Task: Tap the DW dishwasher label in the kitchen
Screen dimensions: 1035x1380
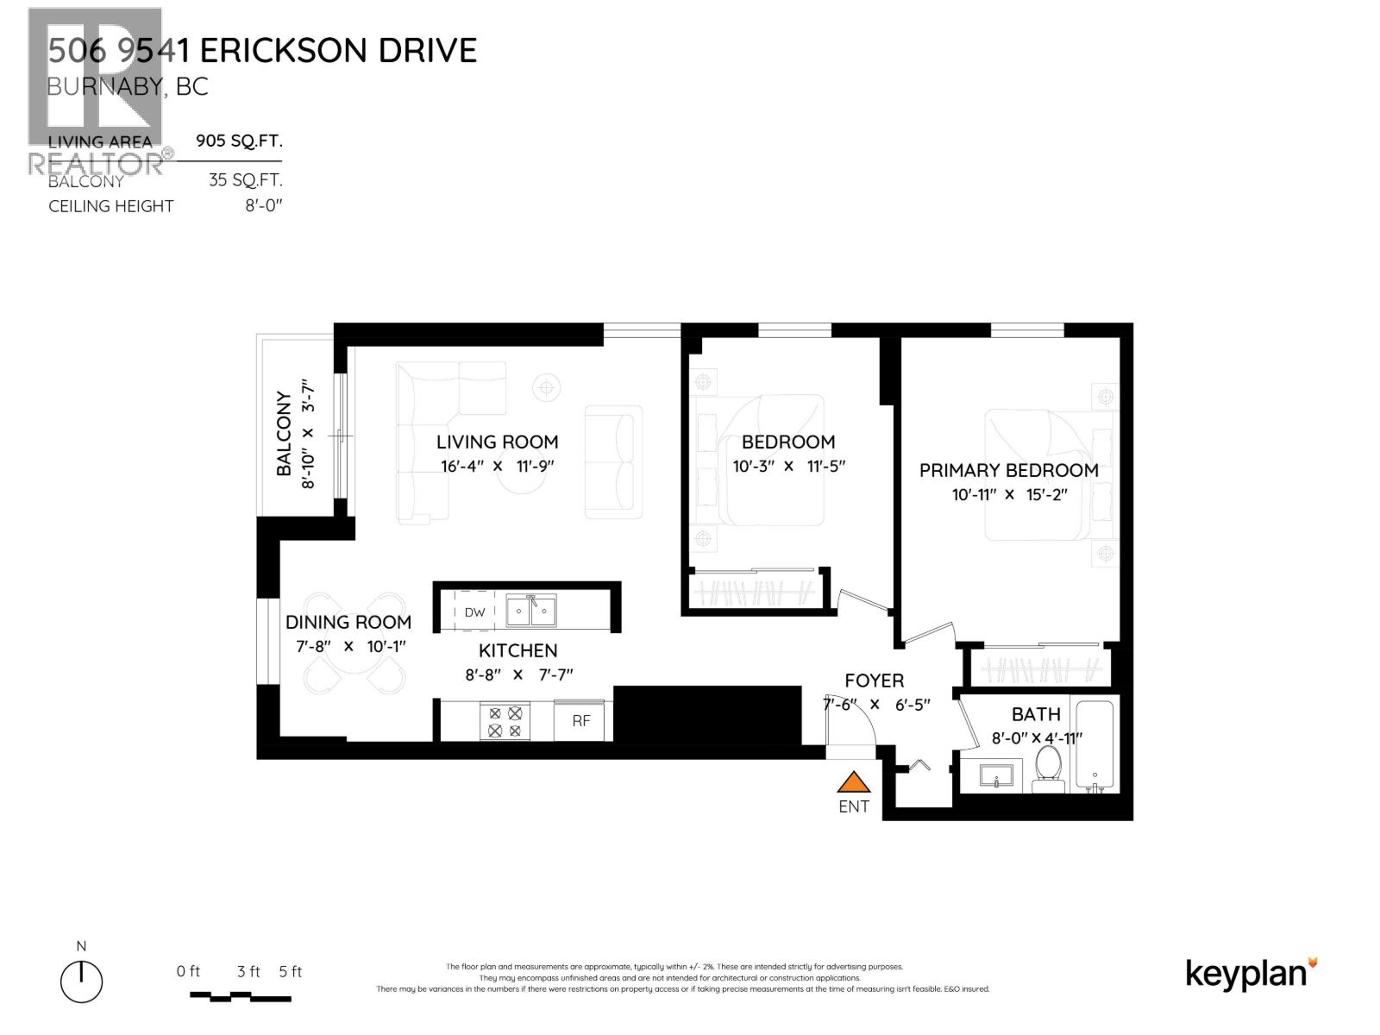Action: pos(474,612)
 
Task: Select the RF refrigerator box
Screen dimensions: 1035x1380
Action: pos(581,721)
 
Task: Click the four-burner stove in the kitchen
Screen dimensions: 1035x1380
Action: pos(505,722)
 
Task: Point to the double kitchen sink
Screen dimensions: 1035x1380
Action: pos(530,611)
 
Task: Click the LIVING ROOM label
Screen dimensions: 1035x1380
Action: pos(497,442)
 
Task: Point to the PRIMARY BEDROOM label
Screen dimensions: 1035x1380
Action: pos(1008,471)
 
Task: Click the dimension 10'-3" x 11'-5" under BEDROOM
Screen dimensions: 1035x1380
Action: pos(788,467)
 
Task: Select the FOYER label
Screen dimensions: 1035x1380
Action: pos(874,681)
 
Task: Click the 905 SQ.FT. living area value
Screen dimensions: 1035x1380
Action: pos(239,141)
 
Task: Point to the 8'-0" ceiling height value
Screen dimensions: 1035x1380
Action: pos(263,205)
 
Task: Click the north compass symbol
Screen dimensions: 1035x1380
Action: pos(82,982)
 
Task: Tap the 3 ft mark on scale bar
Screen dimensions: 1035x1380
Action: pos(248,972)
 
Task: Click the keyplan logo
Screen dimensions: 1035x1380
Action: pos(1251,974)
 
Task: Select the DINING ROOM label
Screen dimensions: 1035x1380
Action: pos(348,622)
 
